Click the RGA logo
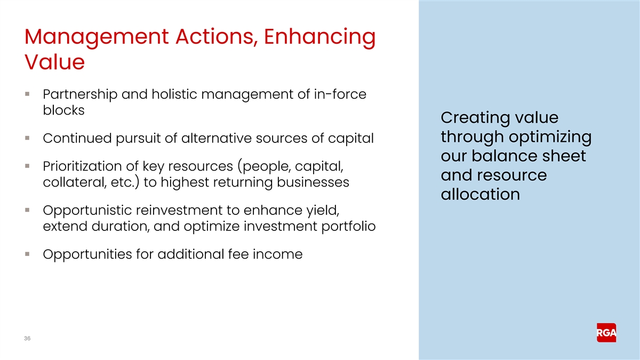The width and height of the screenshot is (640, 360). point(606,333)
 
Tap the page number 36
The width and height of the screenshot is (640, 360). point(27,338)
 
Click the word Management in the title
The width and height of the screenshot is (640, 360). point(97,37)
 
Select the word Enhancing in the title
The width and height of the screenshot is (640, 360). point(319,37)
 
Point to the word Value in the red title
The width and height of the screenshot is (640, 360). point(54,62)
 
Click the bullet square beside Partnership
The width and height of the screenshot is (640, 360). point(27,94)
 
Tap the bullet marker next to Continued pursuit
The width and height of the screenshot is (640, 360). point(27,138)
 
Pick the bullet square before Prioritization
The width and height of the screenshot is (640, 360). point(27,166)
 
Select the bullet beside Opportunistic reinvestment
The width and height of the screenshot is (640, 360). point(27,210)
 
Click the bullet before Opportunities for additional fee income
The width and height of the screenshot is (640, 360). point(27,254)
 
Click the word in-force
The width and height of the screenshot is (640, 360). point(340,94)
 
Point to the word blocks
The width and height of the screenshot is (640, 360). point(63,110)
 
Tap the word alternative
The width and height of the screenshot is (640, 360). point(217,138)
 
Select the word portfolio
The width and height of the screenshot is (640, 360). point(349,227)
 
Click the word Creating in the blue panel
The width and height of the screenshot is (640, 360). point(475,118)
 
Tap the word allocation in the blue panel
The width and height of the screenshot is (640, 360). point(481,194)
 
